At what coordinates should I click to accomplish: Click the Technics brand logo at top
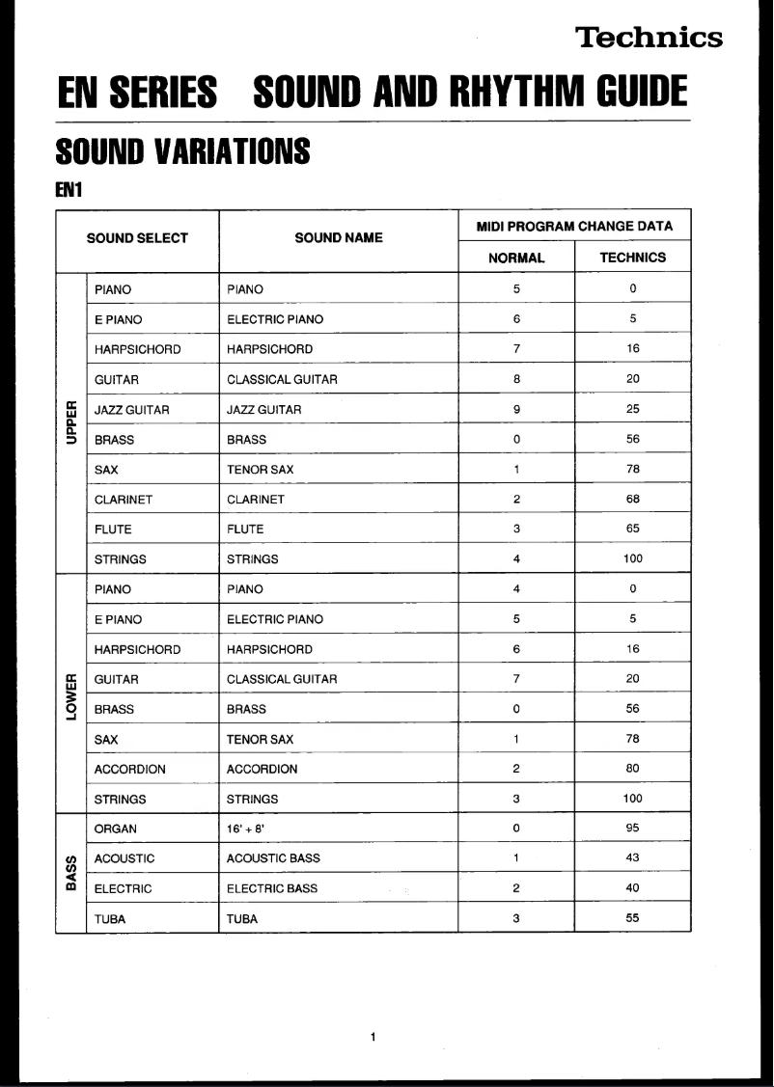[649, 38]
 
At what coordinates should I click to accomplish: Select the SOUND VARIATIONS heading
[183, 151]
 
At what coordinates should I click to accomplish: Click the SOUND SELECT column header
[137, 238]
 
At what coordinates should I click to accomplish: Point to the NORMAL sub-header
[516, 258]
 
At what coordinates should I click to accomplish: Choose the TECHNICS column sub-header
[632, 258]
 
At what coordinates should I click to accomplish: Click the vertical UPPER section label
[70, 423]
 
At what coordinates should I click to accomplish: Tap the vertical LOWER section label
[70, 693]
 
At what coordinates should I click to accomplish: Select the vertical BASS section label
[70, 873]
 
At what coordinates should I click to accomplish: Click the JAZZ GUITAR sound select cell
[132, 410]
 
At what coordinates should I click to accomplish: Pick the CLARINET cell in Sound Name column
[256, 500]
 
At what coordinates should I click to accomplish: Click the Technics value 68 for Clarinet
[632, 500]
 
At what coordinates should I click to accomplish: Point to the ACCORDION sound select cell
[129, 770]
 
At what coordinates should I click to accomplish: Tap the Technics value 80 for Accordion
[632, 770]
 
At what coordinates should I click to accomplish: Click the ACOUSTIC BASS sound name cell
[273, 858]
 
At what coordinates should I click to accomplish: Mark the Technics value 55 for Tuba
[632, 918]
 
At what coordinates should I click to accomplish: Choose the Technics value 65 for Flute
[632, 530]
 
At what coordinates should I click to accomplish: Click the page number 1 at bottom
[373, 1037]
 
